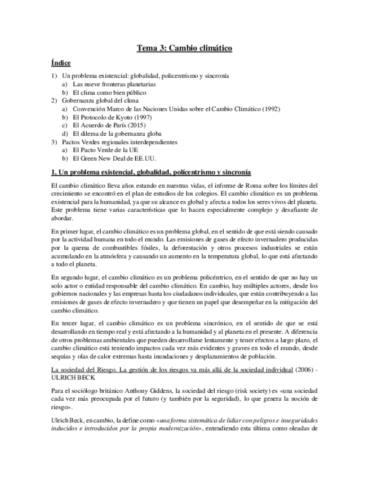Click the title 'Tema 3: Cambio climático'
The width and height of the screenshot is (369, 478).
pos(184,49)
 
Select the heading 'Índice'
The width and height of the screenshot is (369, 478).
pos(61,63)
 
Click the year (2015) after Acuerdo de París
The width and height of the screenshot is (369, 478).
pos(143,125)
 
